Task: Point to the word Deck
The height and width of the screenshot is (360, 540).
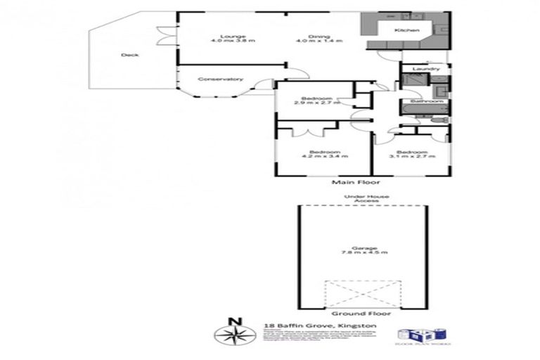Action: [129, 55]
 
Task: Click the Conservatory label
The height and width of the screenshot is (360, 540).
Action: [220, 79]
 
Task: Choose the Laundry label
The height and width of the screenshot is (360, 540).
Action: [426, 69]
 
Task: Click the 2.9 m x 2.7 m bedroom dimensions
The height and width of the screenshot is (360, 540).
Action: [316, 103]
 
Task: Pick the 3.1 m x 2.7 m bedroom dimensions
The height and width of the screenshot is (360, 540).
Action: [411, 156]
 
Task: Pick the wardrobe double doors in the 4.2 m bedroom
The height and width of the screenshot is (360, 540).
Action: [307, 131]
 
